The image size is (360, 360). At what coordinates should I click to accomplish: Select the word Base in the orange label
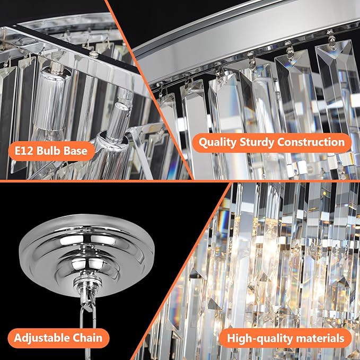point(77,151)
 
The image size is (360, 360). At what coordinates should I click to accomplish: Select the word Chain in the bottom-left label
point(87,338)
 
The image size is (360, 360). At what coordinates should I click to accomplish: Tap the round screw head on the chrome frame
point(94,54)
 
